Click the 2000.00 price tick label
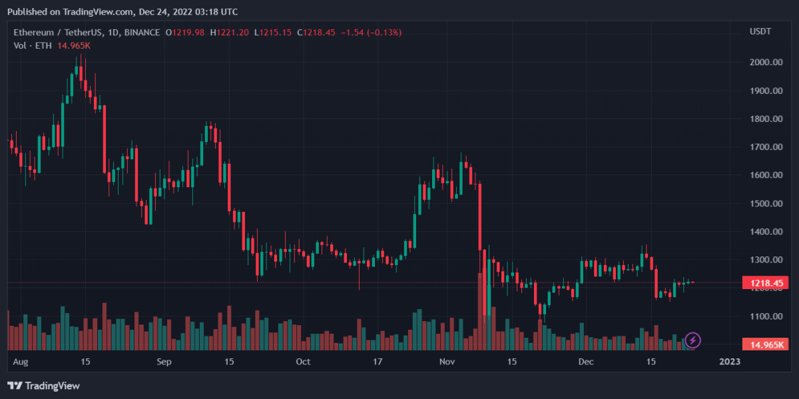coord(764,62)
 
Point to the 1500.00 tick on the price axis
coord(764,203)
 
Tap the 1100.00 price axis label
coord(764,316)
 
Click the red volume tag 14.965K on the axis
coord(766,344)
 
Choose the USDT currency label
coord(760,32)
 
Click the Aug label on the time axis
coord(21,362)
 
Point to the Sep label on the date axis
coord(164,362)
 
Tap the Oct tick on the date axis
coord(303,362)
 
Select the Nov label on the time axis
coord(447,362)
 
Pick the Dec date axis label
coord(586,362)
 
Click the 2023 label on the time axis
coord(729,362)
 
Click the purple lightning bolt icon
coord(692,341)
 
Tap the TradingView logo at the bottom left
coord(43,386)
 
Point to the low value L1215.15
coord(274,32)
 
